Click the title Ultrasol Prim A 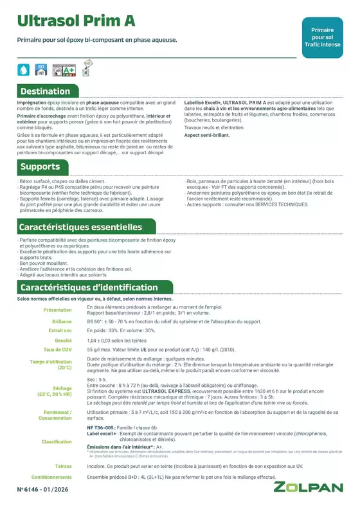(76, 22)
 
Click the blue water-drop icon (24, 69)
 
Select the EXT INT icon (41, 69)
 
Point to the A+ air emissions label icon (60, 69)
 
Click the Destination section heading (45, 91)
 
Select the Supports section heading (40, 167)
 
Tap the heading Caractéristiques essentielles (80, 227)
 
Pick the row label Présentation (57, 310)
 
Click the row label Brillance (62, 320)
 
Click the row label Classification (57, 442)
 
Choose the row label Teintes (63, 466)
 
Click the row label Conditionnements (51, 478)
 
